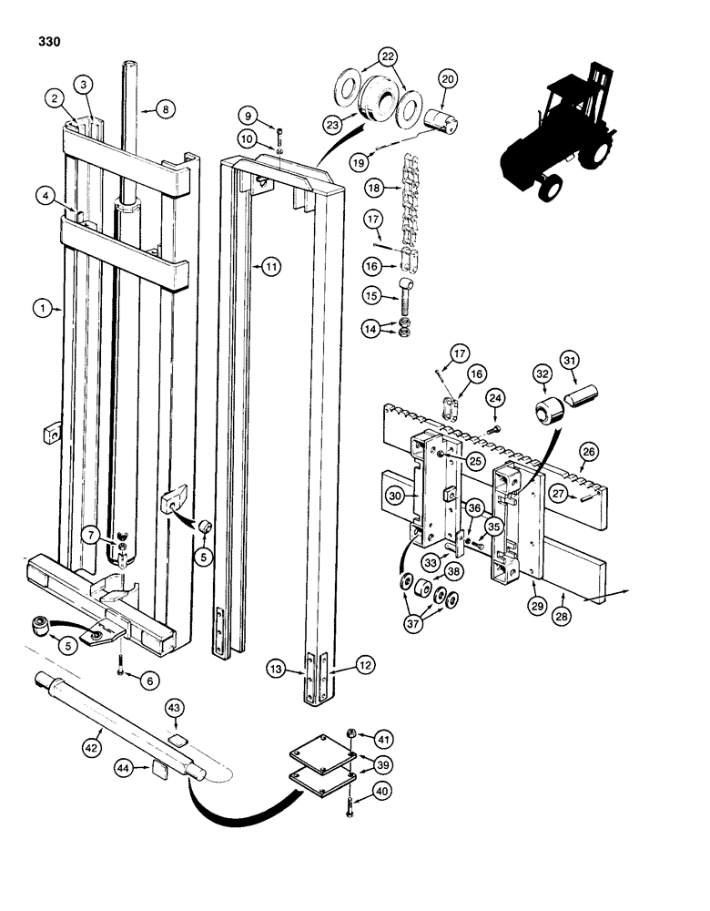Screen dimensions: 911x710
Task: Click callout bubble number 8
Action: [165, 109]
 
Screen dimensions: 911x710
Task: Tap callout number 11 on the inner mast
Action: [270, 266]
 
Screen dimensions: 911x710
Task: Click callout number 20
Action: [447, 79]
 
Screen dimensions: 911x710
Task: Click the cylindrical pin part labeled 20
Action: [440, 119]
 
